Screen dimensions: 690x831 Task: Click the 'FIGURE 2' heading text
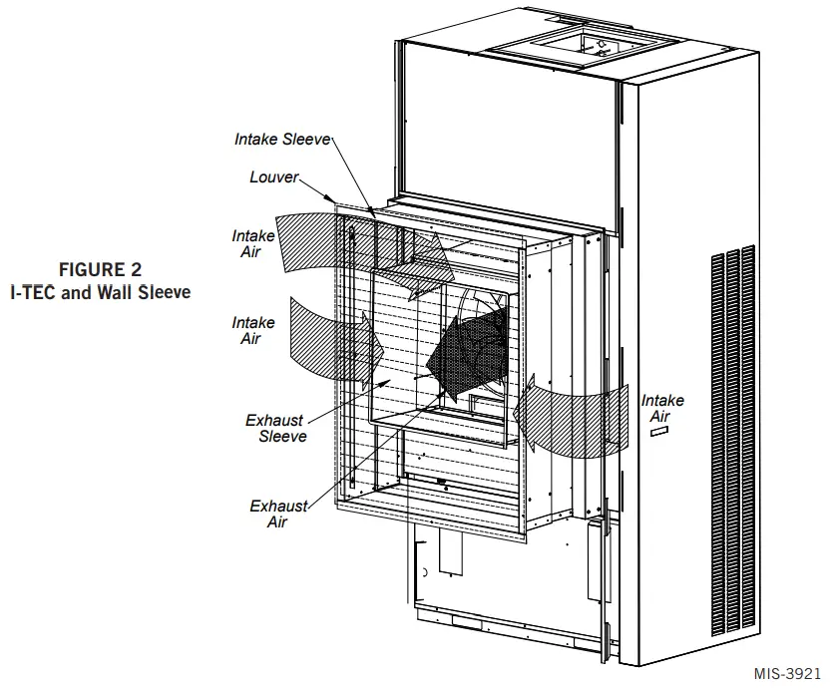[100, 269]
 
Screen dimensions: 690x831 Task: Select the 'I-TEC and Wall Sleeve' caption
[100, 292]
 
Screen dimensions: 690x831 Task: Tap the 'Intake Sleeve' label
[282, 140]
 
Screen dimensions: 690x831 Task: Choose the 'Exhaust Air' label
[278, 514]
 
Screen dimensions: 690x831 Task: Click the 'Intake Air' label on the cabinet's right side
[662, 408]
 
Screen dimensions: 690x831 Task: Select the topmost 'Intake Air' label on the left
[253, 244]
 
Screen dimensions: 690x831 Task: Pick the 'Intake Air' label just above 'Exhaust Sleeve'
[253, 331]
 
